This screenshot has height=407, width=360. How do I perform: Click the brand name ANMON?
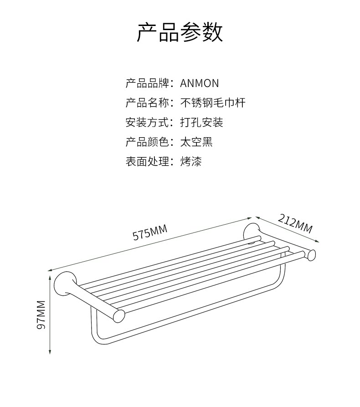point(200,83)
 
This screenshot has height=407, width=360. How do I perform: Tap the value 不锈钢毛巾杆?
point(213,103)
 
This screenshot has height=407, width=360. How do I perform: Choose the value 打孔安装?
point(202,123)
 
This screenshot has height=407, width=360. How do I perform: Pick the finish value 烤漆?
point(191,162)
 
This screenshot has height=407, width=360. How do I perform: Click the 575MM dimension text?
point(150,232)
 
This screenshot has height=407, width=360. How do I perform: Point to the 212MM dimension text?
point(295,223)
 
